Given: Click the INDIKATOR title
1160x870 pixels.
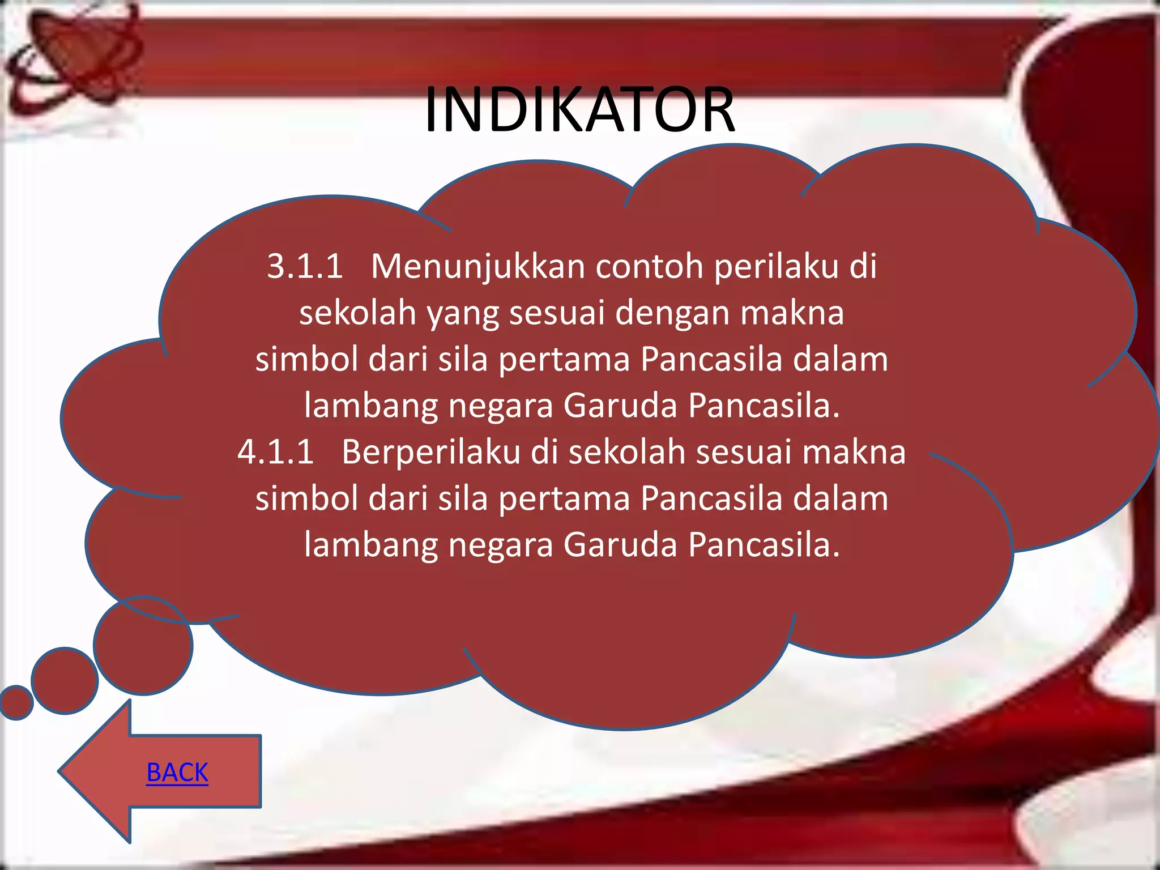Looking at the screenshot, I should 579,109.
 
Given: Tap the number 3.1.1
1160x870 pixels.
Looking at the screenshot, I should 305,266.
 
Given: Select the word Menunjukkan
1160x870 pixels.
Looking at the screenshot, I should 477,266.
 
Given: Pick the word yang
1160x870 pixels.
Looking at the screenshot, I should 462,314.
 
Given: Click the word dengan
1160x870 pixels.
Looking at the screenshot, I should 672,314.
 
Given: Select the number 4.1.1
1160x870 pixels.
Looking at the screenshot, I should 275,452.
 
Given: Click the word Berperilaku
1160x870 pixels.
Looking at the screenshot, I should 430,452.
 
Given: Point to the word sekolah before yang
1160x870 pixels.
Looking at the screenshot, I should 357,313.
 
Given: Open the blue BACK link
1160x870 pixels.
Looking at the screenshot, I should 177,773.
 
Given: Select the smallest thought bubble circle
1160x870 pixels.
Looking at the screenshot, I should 16,702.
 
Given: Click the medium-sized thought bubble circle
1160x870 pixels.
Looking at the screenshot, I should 65,680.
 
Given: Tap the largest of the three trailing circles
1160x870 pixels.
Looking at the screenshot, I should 143,646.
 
